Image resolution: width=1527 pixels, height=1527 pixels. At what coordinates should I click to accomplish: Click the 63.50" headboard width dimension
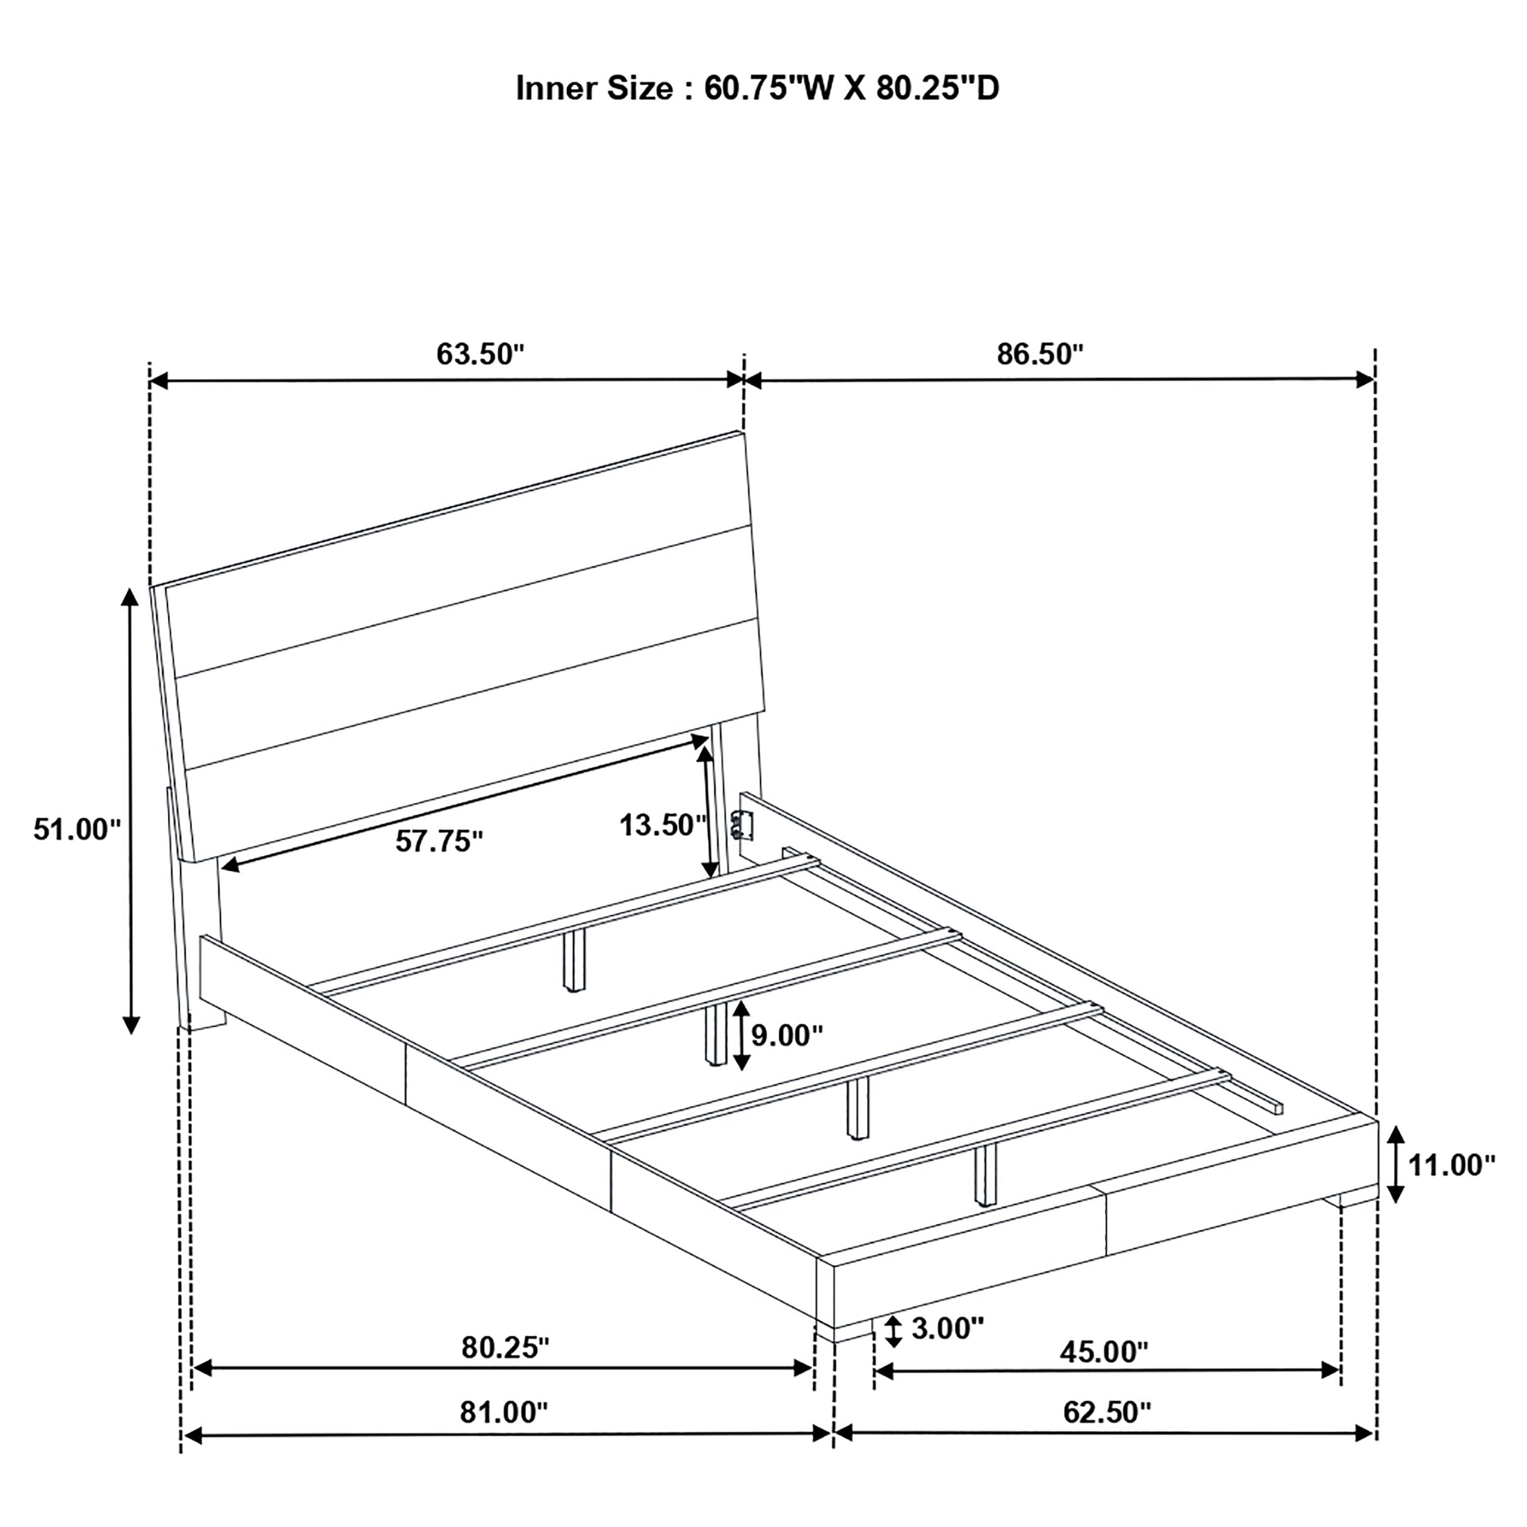tap(479, 354)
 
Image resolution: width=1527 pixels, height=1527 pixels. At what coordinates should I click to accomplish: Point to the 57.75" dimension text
tap(439, 841)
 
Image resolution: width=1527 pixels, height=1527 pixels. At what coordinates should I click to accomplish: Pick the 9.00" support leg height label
tap(787, 1035)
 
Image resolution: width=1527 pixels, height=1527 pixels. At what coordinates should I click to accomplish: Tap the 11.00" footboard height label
tap(1452, 1164)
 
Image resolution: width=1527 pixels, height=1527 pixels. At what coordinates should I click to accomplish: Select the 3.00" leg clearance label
tap(948, 1328)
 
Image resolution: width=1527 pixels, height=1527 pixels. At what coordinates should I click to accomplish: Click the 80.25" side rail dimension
tap(505, 1347)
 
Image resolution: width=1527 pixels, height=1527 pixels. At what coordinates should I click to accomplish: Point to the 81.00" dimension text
tap(503, 1412)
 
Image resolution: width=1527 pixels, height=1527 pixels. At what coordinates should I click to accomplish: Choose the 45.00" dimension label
tap(1103, 1352)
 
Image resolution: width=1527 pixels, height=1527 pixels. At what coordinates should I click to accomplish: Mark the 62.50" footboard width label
tap(1107, 1412)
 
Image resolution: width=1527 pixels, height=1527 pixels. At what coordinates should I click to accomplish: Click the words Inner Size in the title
tap(594, 89)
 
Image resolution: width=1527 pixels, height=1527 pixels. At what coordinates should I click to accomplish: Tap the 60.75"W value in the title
tap(769, 89)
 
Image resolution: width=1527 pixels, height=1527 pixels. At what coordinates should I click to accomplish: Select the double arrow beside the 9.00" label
tap(740, 1035)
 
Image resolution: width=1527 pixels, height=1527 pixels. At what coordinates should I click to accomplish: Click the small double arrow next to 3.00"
tap(893, 1331)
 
